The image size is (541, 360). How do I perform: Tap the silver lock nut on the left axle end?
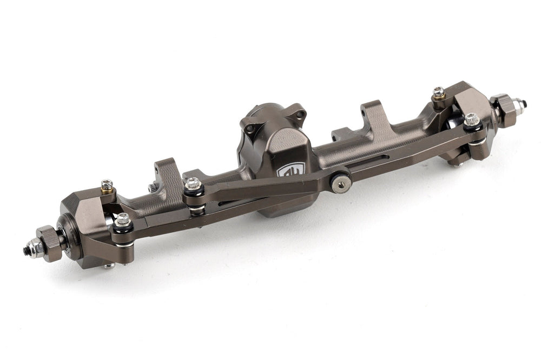pos(36,248)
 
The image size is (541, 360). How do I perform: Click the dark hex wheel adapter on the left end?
pos(50,243)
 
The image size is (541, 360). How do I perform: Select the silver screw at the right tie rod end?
pos(472,120)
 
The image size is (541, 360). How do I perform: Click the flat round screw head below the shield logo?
pos(340,184)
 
